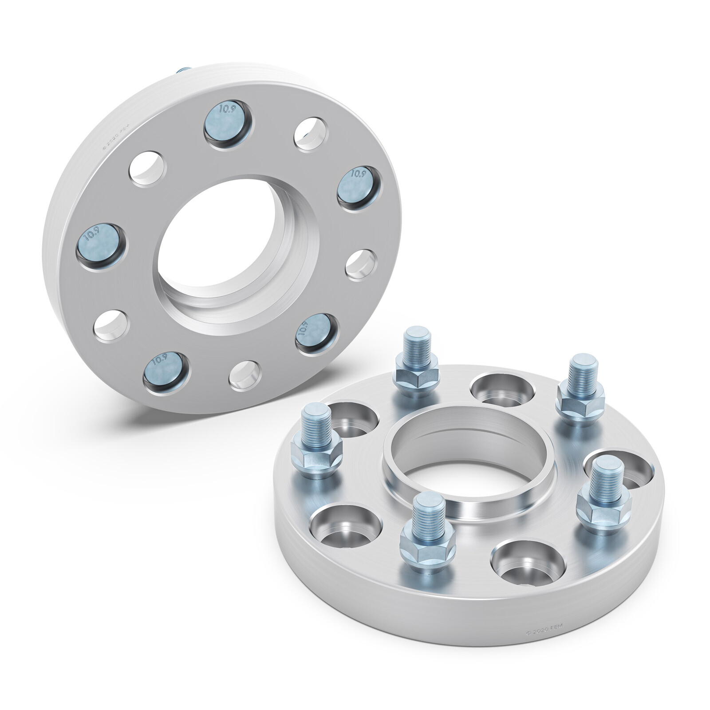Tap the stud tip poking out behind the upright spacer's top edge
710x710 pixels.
183,70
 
